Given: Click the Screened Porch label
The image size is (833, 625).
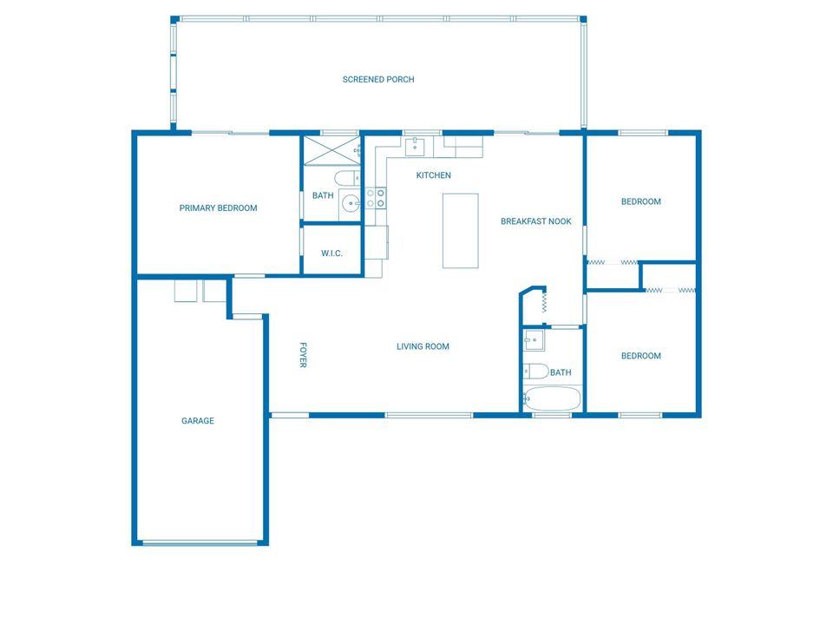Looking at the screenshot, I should pyautogui.click(x=378, y=80).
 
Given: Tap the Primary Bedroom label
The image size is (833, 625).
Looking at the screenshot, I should pyautogui.click(x=218, y=208).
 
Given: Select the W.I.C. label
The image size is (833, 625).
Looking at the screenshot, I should pyautogui.click(x=331, y=253).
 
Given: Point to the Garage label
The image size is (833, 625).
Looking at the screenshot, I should pyautogui.click(x=198, y=421).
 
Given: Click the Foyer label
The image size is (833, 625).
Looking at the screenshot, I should pyautogui.click(x=303, y=354).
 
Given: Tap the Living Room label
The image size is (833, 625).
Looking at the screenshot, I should pyautogui.click(x=423, y=347).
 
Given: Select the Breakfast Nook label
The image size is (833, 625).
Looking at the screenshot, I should pyautogui.click(x=535, y=221).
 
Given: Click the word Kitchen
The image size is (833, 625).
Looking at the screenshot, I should pyautogui.click(x=434, y=176).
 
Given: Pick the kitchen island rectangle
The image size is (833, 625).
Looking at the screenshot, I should pyautogui.click(x=460, y=230).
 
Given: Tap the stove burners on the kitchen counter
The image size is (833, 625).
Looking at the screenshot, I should pyautogui.click(x=376, y=198).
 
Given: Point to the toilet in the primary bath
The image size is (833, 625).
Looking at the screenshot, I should pyautogui.click(x=346, y=179).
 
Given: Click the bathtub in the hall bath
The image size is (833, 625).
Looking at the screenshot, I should pyautogui.click(x=552, y=399).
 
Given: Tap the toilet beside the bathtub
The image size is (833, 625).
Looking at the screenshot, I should pyautogui.click(x=535, y=372).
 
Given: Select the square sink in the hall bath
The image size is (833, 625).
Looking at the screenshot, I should pyautogui.click(x=534, y=340).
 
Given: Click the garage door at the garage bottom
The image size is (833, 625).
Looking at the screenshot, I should pyautogui.click(x=200, y=543).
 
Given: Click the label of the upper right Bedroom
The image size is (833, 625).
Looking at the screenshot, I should pyautogui.click(x=640, y=202).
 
